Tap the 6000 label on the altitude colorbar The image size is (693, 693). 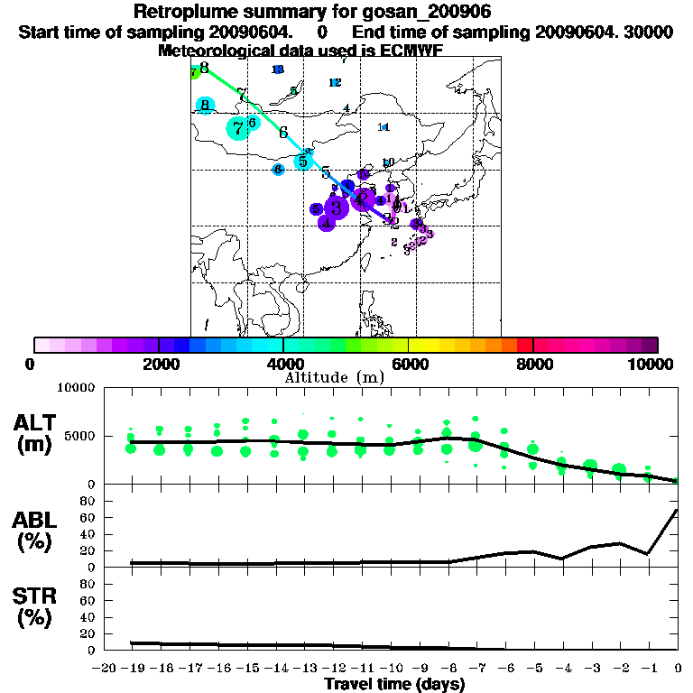(408, 364)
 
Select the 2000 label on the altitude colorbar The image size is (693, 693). (158, 364)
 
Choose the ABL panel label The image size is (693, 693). (34, 522)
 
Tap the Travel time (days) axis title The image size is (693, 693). (394, 684)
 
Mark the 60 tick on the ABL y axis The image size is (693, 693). (88, 517)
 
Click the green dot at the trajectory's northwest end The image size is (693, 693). (194, 73)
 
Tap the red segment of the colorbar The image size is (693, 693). (524, 345)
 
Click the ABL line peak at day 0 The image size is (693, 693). (677, 510)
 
